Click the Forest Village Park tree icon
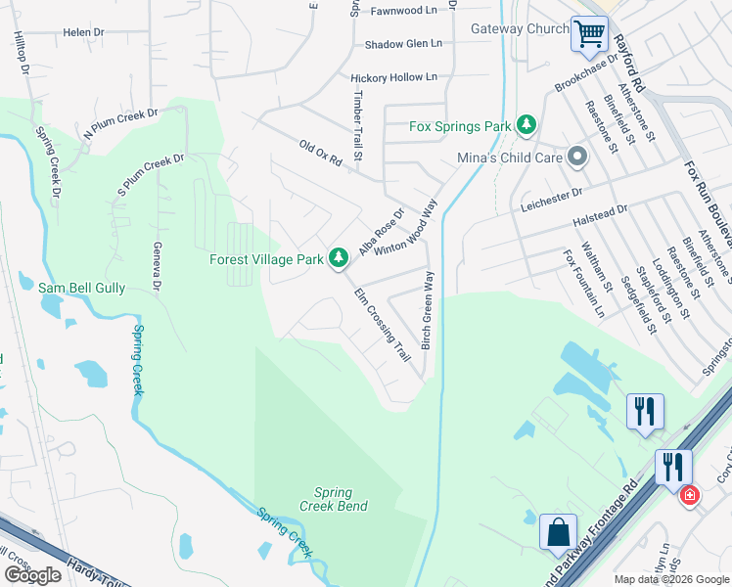pyautogui.click(x=339, y=257)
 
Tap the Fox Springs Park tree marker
pyautogui.click(x=527, y=124)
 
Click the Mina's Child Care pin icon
pyautogui.click(x=577, y=157)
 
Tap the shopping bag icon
pyautogui.click(x=557, y=532)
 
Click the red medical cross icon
pyautogui.click(x=690, y=496)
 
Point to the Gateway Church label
pyautogui.click(x=519, y=29)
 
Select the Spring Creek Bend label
pyautogui.click(x=341, y=499)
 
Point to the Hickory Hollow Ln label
pyautogui.click(x=393, y=76)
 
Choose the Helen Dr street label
pyautogui.click(x=83, y=32)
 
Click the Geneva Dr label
pyautogui.click(x=157, y=269)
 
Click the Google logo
pyautogui.click(x=32, y=575)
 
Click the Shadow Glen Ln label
pyautogui.click(x=403, y=44)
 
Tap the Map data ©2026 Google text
pyautogui.click(x=671, y=579)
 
